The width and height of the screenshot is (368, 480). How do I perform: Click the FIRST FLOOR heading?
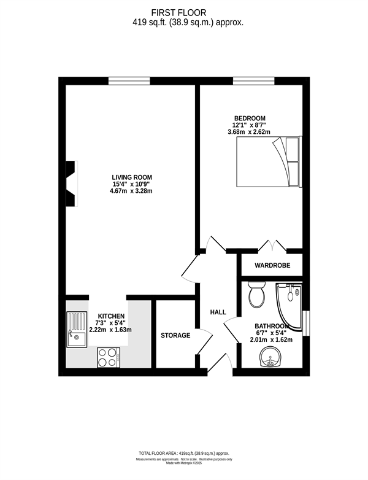click(178, 12)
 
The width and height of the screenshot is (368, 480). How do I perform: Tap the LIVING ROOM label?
click(132, 177)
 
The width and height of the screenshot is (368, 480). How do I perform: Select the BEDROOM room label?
click(250, 118)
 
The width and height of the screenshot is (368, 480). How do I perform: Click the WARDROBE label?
click(272, 265)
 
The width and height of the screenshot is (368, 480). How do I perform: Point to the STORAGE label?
click(175, 336)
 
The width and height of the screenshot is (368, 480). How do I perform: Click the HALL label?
click(218, 312)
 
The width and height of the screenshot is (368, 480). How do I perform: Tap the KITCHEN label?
click(111, 316)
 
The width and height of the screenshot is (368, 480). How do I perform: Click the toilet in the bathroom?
click(256, 295)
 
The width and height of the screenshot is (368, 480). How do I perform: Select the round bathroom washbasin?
click(270, 357)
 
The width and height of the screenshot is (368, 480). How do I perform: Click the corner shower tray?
click(289, 306)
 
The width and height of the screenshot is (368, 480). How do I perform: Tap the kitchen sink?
click(77, 329)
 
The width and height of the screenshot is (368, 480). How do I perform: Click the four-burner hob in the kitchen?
click(109, 357)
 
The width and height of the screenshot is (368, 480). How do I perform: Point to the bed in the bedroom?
click(269, 161)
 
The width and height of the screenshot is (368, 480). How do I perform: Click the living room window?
click(129, 81)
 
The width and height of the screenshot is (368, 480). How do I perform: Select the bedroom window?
click(253, 81)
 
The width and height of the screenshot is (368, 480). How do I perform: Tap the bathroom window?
click(306, 323)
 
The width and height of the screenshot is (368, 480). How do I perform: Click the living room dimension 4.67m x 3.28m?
click(131, 192)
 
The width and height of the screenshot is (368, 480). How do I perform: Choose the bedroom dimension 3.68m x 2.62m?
click(249, 132)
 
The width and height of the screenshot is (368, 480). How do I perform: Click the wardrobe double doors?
click(272, 247)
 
